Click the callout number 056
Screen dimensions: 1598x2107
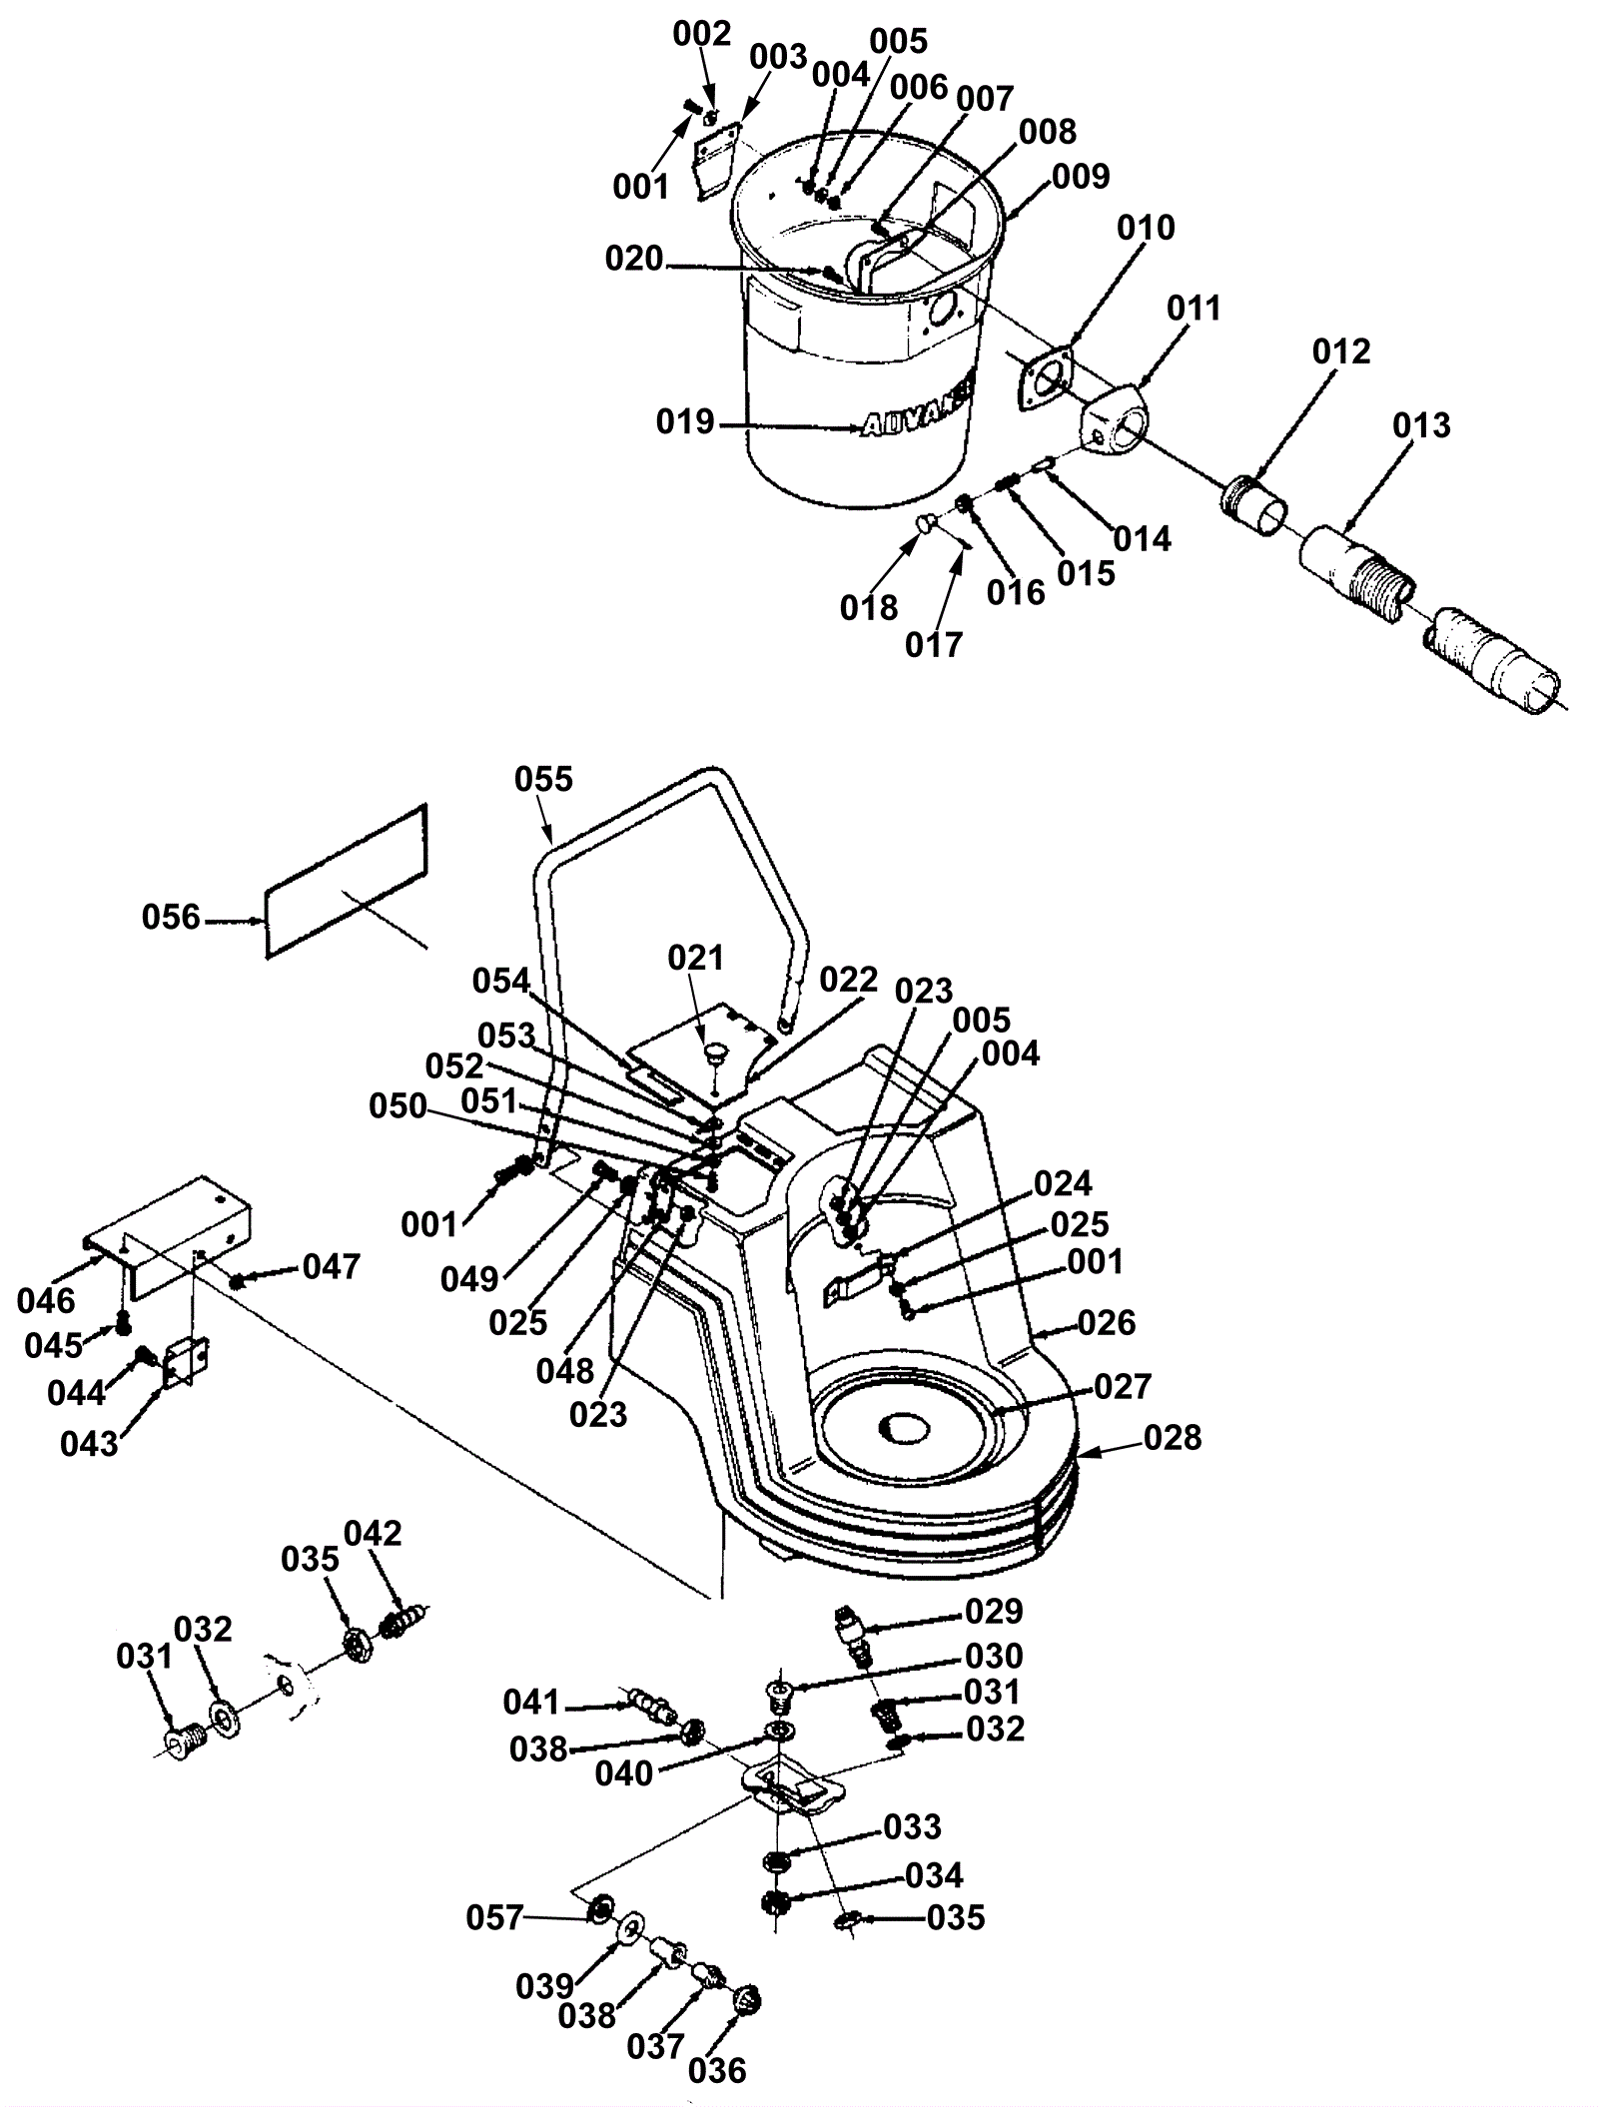[171, 917]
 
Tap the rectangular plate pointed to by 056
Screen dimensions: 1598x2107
[347, 880]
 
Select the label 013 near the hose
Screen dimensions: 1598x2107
[1421, 425]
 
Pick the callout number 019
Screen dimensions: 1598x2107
[685, 422]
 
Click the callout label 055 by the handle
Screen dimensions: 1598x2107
[544, 779]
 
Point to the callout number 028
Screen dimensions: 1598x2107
[1173, 1438]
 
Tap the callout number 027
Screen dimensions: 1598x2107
[1124, 1386]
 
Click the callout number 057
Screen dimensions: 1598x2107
[494, 1917]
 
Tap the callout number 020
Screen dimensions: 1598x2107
[634, 260]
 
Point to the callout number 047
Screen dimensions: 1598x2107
[331, 1266]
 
